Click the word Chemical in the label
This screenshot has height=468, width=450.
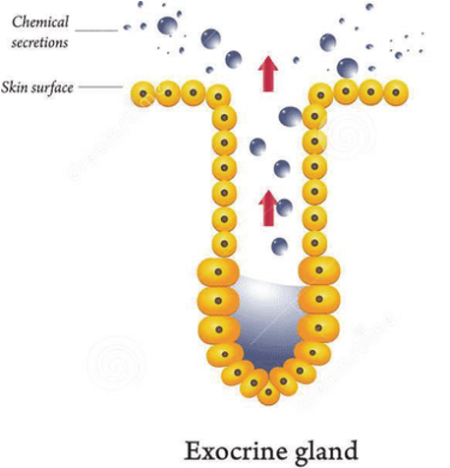(40, 22)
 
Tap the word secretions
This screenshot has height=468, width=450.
(39, 42)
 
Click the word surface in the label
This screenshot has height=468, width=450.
(52, 88)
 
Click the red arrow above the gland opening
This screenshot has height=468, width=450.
(268, 74)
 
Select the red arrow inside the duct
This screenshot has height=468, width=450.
(268, 208)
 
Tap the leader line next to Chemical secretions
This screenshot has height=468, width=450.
(96, 30)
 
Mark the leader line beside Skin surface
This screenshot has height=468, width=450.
(100, 88)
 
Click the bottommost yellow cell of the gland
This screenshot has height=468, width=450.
(268, 392)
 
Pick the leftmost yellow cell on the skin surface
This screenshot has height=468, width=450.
(143, 94)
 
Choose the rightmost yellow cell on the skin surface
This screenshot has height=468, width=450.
(396, 92)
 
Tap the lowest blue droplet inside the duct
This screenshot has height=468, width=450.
(280, 246)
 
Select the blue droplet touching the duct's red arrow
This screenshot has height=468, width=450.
(284, 207)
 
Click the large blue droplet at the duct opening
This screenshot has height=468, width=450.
(290, 117)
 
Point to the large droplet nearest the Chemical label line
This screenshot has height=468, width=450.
(168, 26)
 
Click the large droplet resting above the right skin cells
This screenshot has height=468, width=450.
(348, 68)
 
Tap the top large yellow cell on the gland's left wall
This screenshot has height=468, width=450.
(218, 271)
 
